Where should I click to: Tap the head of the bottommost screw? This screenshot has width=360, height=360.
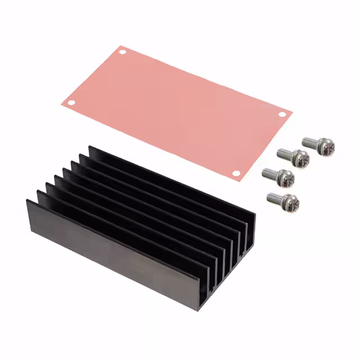point(291,202)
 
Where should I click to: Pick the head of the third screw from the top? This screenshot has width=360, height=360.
point(286,177)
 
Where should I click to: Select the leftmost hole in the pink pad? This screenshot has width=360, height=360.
point(71,102)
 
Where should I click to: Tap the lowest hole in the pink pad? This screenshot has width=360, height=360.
point(236,173)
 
